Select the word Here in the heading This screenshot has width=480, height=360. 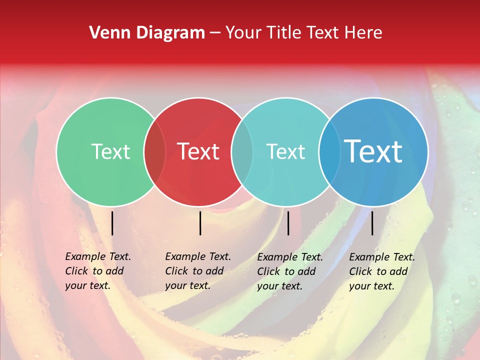point(364,33)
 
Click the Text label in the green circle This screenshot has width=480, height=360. point(110,151)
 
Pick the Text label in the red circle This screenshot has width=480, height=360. point(198,151)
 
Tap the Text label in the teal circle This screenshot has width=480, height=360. point(285,151)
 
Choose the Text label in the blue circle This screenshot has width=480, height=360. point(373,151)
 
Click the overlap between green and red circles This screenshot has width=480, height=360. point(154,152)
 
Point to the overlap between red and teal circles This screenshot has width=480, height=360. point(242,152)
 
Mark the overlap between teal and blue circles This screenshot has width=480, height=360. point(329,152)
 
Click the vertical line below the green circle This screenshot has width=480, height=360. point(112,223)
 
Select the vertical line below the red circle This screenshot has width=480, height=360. point(200,223)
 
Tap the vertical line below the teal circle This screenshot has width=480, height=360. point(288,223)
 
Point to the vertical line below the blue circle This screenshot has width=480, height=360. point(372,223)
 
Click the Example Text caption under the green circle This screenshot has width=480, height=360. point(98,271)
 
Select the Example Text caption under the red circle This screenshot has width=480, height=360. point(198,271)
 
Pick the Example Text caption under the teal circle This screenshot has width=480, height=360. point(290,271)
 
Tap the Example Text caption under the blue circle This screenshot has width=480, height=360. point(382,271)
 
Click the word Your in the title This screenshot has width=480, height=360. point(244,33)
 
